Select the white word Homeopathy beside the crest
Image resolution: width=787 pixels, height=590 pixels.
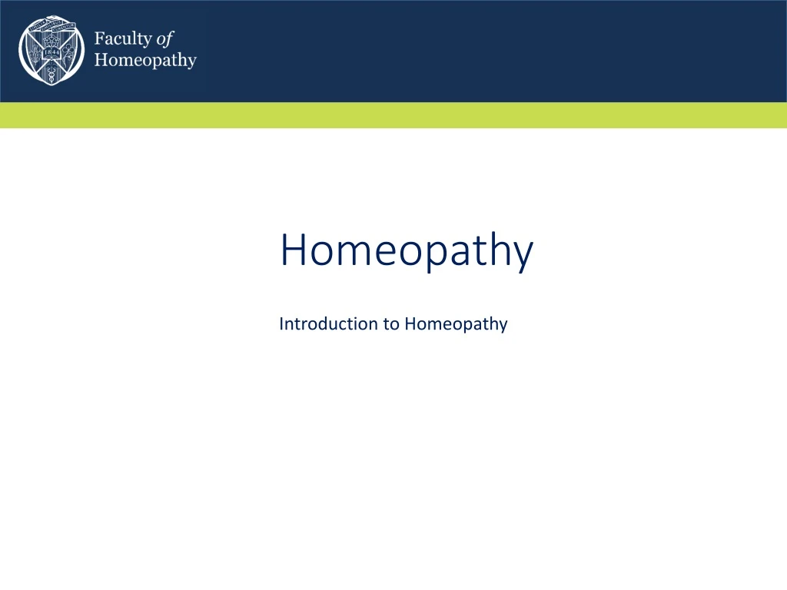[x=145, y=60]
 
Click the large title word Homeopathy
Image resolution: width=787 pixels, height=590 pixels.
[x=406, y=251]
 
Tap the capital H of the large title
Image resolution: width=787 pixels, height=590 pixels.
[x=293, y=251]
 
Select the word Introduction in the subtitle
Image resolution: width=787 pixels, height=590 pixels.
[x=328, y=323]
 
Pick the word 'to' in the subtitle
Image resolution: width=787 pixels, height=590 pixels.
[x=391, y=323]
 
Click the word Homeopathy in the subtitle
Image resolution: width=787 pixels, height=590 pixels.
[x=456, y=323]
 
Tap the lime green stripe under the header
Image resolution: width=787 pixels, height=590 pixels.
[x=393, y=115]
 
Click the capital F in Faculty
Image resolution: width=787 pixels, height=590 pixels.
[x=99, y=39]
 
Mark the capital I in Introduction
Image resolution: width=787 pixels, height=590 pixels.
[x=281, y=323]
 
